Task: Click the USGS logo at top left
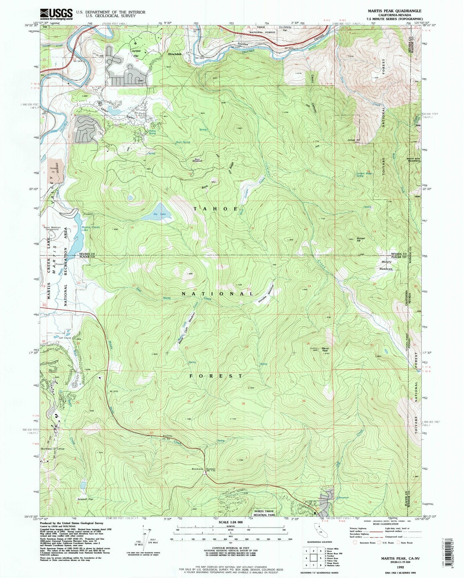click(57, 14)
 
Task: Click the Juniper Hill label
click(353, 140)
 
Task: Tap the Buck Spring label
click(183, 142)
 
